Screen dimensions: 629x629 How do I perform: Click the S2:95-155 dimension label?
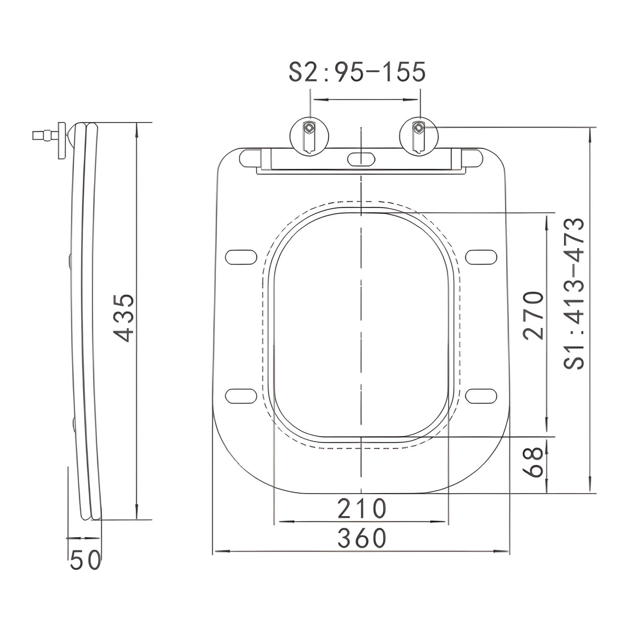(x=357, y=72)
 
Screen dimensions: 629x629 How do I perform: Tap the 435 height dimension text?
(x=125, y=317)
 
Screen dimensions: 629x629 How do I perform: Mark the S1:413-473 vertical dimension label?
(x=574, y=294)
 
